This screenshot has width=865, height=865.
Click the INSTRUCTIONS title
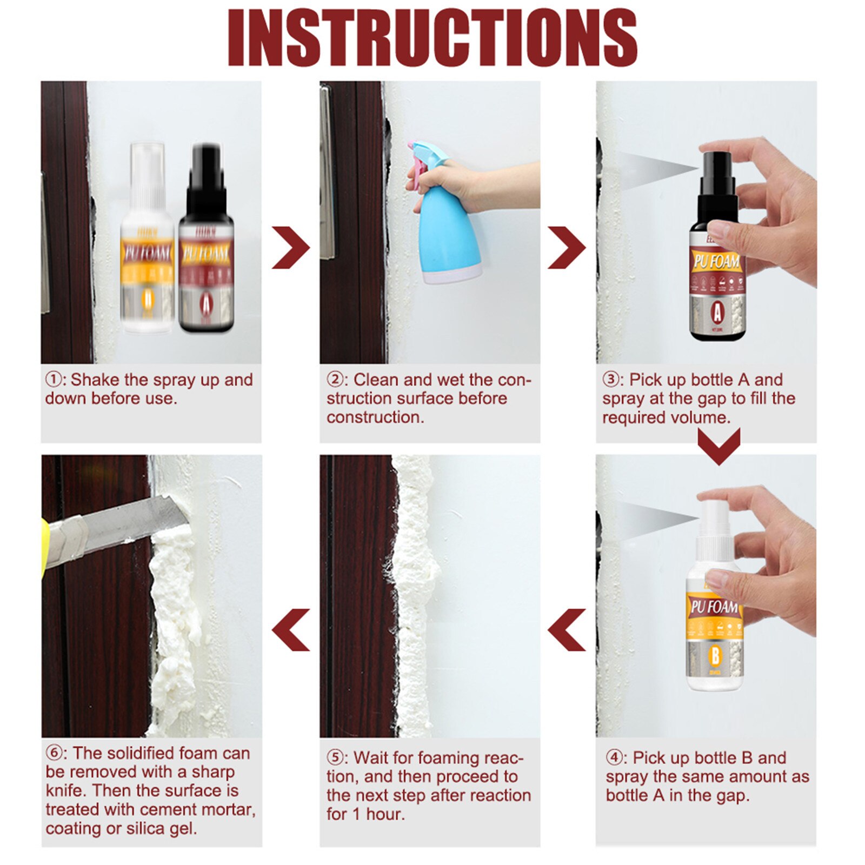(432, 38)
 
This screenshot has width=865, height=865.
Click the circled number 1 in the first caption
(53, 380)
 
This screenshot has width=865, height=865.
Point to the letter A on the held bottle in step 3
(717, 312)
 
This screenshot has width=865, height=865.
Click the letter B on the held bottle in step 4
(715, 656)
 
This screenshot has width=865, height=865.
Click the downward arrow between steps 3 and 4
(718, 447)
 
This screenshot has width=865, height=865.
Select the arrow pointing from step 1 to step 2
(290, 247)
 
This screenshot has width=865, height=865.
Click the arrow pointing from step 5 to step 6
(290, 629)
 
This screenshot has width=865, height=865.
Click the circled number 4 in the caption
(615, 757)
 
